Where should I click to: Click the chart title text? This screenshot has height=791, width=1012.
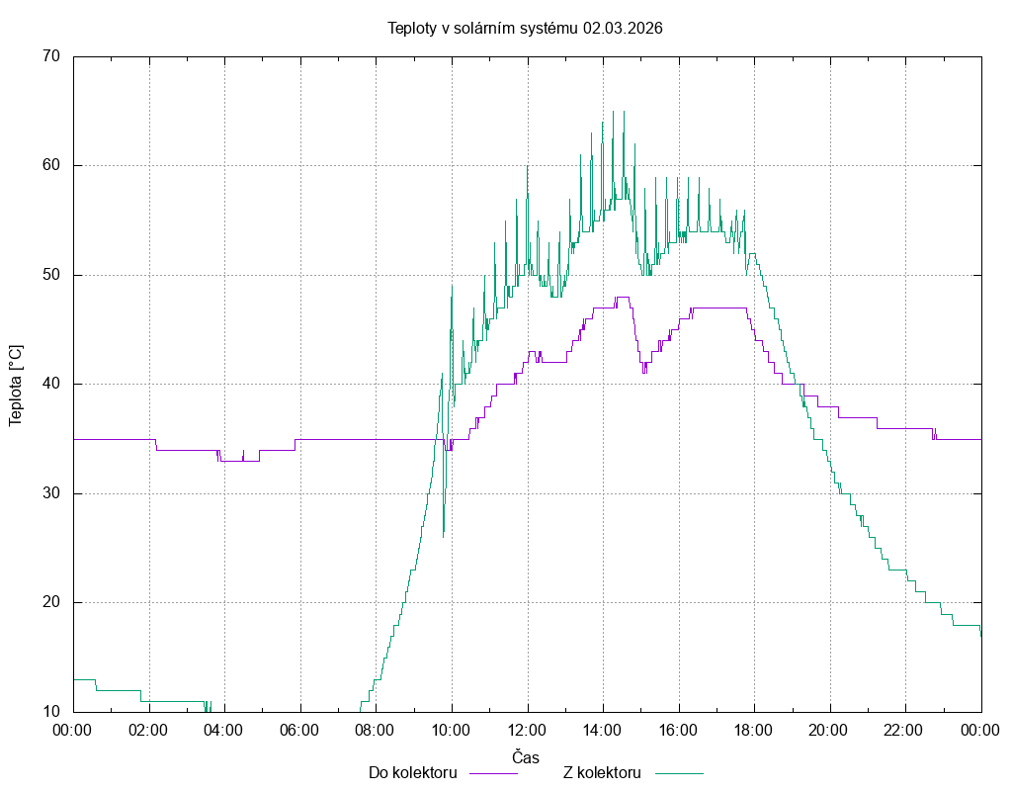[525, 28]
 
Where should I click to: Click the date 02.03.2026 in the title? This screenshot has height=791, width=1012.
[623, 28]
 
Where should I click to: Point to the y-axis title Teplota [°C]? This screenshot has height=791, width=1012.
[15, 385]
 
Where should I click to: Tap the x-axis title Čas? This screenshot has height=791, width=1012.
[526, 756]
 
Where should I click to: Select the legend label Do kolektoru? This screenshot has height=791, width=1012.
[412, 773]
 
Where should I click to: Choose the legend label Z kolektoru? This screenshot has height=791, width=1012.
[603, 773]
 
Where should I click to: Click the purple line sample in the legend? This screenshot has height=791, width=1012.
[492, 773]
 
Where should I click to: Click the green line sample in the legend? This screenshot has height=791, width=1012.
[678, 773]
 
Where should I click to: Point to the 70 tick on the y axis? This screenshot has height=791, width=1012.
[51, 56]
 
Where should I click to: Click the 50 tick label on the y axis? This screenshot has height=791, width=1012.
[51, 275]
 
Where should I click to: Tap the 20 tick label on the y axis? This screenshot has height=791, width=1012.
[51, 602]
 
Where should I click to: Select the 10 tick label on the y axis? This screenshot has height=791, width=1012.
[51, 712]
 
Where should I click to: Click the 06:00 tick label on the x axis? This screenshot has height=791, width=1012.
[299, 730]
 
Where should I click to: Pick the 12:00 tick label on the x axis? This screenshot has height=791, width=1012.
[527, 730]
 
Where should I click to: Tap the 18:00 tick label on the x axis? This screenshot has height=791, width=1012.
[754, 730]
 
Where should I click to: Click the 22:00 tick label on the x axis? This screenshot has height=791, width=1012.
[905, 730]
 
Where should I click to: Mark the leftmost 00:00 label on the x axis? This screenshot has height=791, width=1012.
[73, 730]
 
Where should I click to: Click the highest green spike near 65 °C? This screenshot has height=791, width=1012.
[613, 113]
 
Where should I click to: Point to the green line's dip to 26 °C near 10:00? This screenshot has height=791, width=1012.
[443, 535]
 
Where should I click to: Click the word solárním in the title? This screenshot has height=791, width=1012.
[490, 28]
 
